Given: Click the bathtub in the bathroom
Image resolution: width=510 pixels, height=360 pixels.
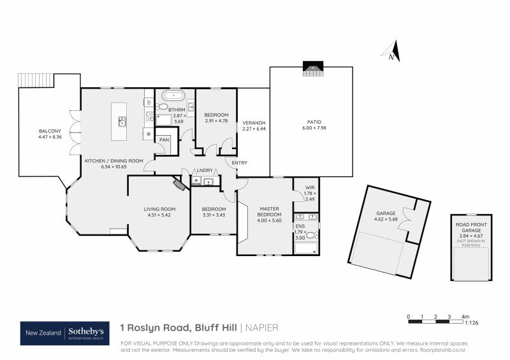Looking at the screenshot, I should pos(173,96).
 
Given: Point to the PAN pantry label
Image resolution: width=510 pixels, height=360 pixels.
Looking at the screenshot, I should pos(164,140).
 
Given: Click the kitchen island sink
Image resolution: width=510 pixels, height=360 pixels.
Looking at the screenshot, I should pos(120,121).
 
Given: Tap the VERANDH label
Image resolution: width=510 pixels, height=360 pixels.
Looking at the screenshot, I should pos(254,122).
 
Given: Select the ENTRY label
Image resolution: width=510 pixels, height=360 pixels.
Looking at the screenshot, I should pos(240,162).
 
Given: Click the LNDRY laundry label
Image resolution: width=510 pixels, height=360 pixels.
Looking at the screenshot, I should pos(205,170).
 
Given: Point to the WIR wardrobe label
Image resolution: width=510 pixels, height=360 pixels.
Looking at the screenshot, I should pos(310,187).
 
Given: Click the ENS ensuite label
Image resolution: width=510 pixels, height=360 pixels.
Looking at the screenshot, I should pos(300,226).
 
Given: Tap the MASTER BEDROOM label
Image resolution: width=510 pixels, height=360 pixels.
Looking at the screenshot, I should pos(270,212).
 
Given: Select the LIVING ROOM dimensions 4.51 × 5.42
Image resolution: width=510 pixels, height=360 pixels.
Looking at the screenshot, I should pos(159,215).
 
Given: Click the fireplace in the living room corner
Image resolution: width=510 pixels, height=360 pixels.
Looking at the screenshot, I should pos(178,184).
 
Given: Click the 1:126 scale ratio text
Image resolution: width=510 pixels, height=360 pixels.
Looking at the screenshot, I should pos(472,323).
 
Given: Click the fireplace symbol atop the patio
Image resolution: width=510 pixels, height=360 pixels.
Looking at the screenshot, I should pos(312,68).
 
